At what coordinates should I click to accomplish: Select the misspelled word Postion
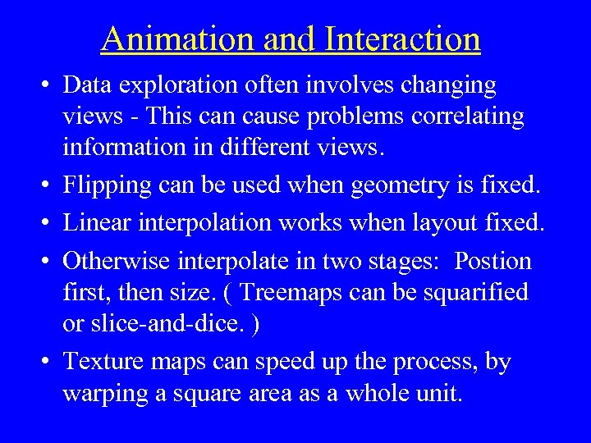(492, 261)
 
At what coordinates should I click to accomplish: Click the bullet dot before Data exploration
(47, 85)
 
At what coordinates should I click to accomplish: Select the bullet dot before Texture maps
(47, 361)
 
